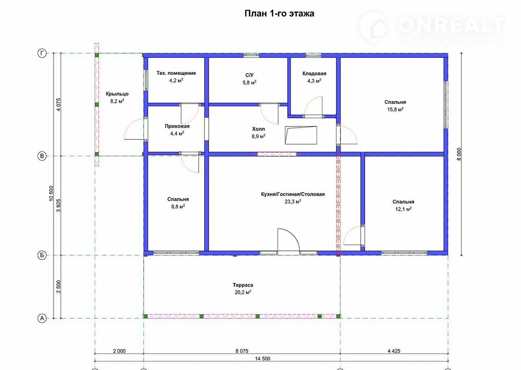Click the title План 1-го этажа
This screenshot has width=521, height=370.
point(279,13)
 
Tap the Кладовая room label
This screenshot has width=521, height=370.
point(314,74)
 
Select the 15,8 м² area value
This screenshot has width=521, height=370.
point(395,109)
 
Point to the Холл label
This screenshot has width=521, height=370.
point(258,129)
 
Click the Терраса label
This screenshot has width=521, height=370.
point(243,285)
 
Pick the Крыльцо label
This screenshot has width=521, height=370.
point(117,94)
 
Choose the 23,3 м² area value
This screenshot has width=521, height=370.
point(293,202)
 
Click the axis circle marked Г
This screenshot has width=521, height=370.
point(42,53)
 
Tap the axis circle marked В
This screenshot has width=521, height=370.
point(42,156)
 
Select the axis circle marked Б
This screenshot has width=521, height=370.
point(42,255)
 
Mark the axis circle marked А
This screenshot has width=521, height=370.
point(42,318)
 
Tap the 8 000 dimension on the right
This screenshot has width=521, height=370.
point(459,155)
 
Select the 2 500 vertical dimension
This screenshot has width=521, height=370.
point(58,287)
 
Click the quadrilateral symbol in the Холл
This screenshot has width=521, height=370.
point(301,135)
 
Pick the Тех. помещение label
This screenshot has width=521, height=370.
point(176,73)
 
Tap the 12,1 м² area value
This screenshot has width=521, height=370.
point(403,209)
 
